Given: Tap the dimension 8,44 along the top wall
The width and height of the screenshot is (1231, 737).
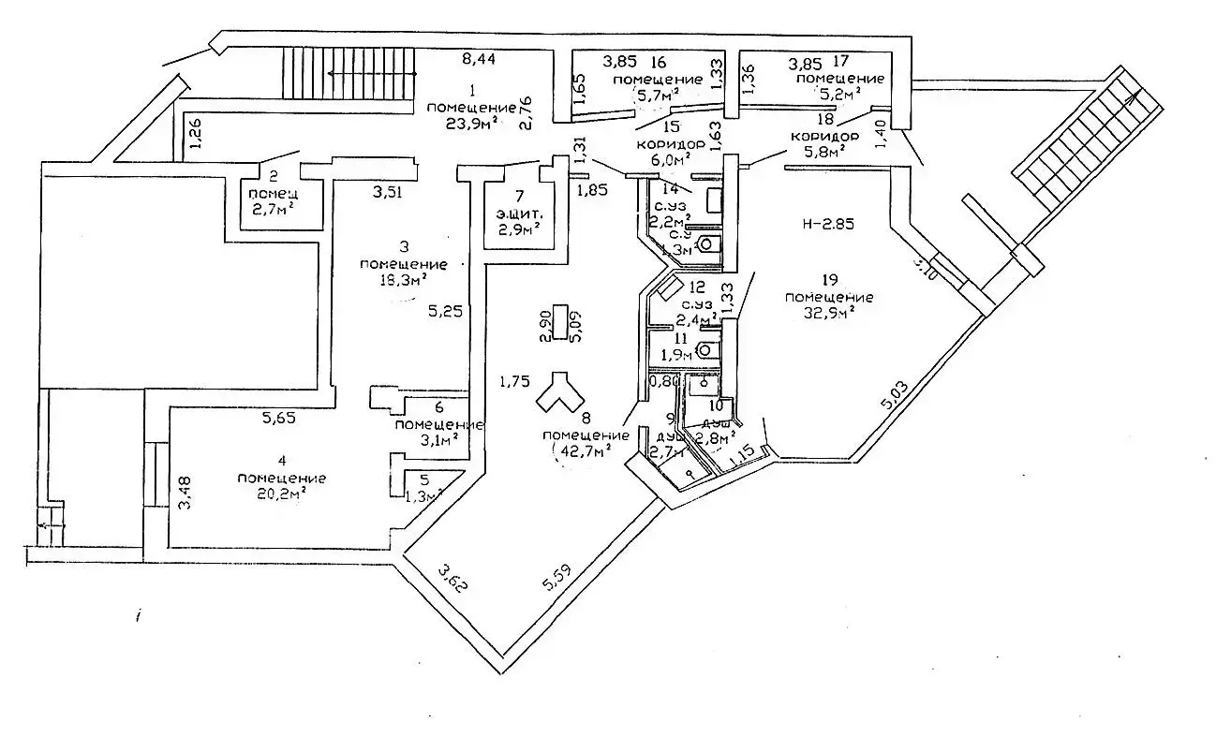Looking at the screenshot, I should tap(480, 61).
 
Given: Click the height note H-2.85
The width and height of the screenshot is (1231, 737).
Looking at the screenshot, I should tap(829, 225).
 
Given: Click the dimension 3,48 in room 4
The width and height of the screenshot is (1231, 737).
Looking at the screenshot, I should tap(185, 494).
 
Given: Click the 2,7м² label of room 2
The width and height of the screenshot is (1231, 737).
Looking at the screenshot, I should tap(274, 210).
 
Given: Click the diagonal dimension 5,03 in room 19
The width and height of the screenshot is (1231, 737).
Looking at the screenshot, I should tap(897, 401).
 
